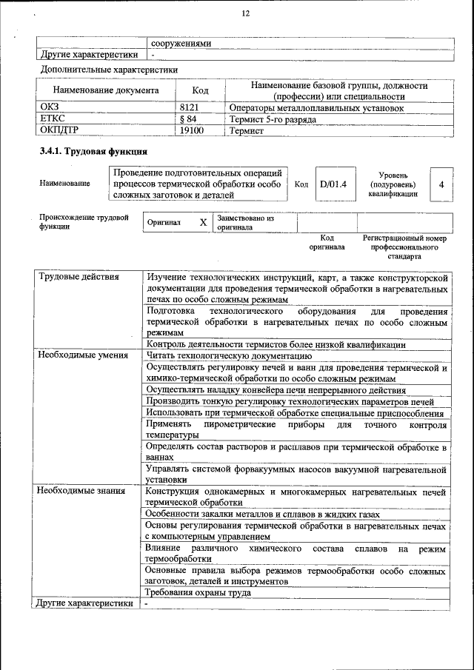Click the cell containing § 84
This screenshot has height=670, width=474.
point(189,119)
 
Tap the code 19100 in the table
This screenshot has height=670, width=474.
point(192,130)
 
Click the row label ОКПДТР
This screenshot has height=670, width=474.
point(59,130)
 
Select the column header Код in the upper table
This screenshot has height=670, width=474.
point(200,91)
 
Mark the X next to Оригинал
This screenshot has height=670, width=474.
point(203,222)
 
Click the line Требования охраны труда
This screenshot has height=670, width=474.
point(198,592)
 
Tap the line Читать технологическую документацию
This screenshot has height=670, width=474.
point(234,356)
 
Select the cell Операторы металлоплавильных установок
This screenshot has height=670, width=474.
point(316,108)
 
